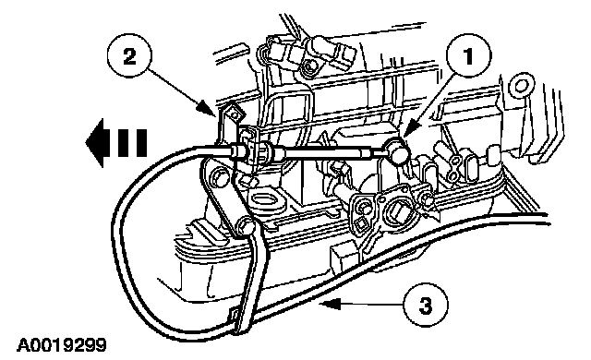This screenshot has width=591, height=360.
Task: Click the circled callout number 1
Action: coord(468,56)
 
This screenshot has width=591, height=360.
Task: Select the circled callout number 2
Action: coord(129,57)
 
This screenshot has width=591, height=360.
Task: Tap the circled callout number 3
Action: coord(426,305)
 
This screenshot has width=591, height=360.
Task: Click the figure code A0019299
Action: coord(62,345)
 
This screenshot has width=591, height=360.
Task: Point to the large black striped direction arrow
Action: coord(116,143)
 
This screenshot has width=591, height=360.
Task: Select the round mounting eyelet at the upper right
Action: coord(521,86)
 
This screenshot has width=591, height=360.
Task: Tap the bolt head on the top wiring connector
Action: coord(310,66)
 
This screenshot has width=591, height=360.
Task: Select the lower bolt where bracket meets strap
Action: coord(246,227)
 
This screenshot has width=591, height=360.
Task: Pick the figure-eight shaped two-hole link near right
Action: coord(454,165)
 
